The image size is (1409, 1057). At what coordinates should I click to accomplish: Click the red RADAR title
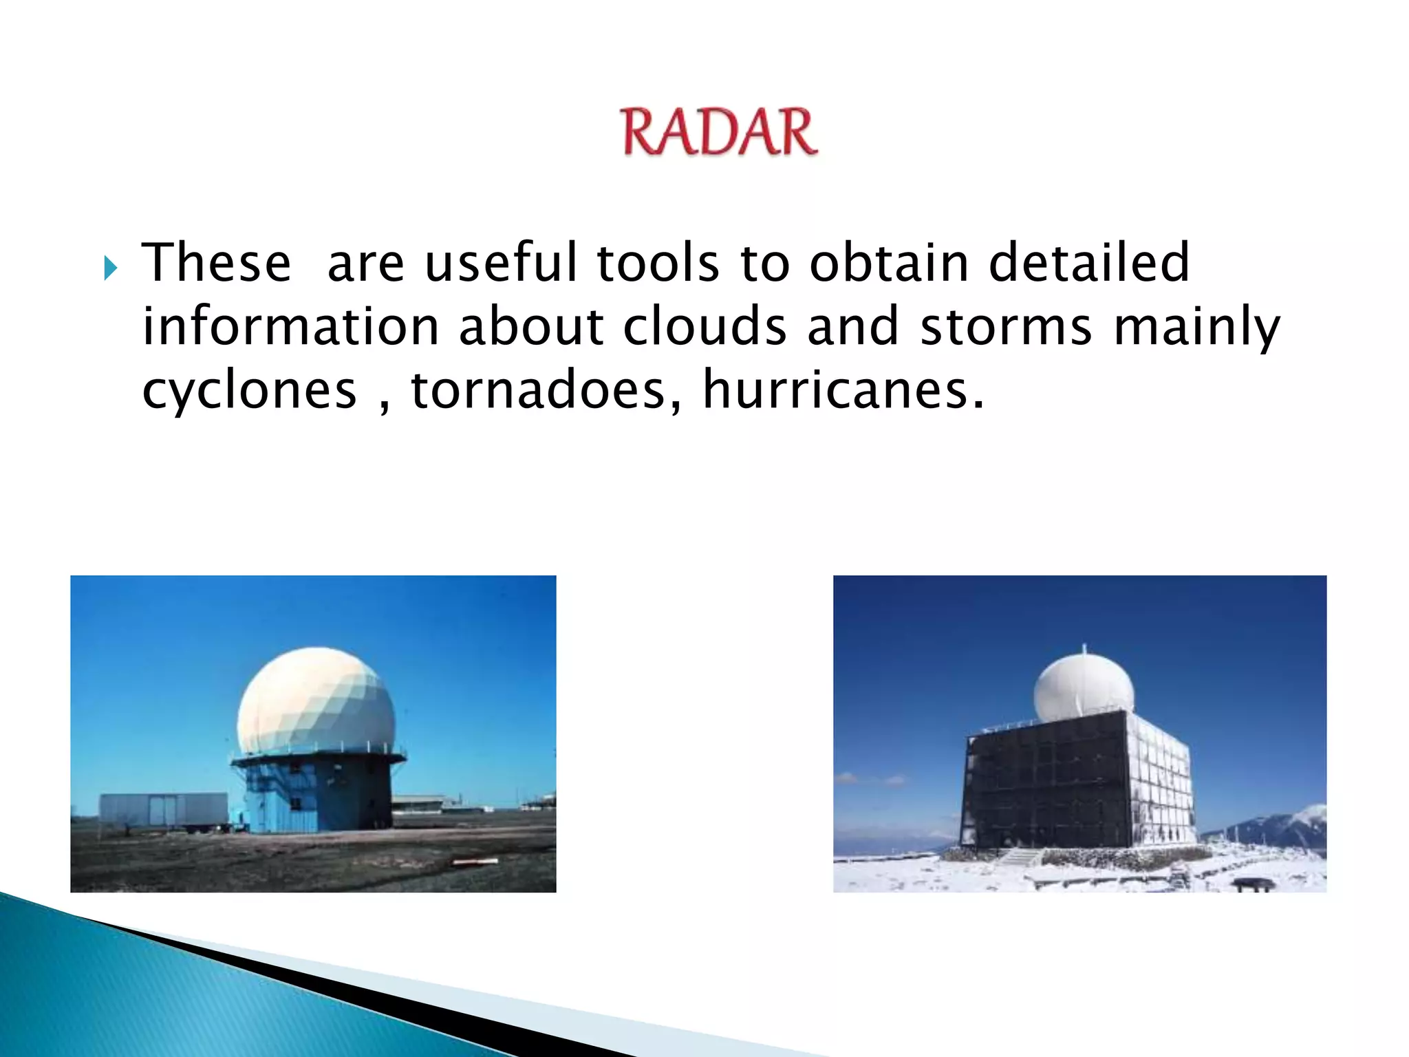(720, 132)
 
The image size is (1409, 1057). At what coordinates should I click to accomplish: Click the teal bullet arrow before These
(110, 268)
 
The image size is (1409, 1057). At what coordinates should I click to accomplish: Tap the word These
(216, 264)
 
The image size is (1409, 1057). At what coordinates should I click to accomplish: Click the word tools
(658, 264)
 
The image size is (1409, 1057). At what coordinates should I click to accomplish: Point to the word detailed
(1088, 264)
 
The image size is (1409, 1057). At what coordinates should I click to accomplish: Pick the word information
(290, 326)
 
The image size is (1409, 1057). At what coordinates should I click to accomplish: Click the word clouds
(704, 326)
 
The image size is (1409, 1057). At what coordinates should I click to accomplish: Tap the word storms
(1006, 328)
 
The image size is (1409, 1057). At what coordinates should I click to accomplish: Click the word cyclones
(249, 391)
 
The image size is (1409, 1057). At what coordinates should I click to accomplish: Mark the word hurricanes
(842, 389)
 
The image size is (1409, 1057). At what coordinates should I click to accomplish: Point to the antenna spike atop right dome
(1084, 650)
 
